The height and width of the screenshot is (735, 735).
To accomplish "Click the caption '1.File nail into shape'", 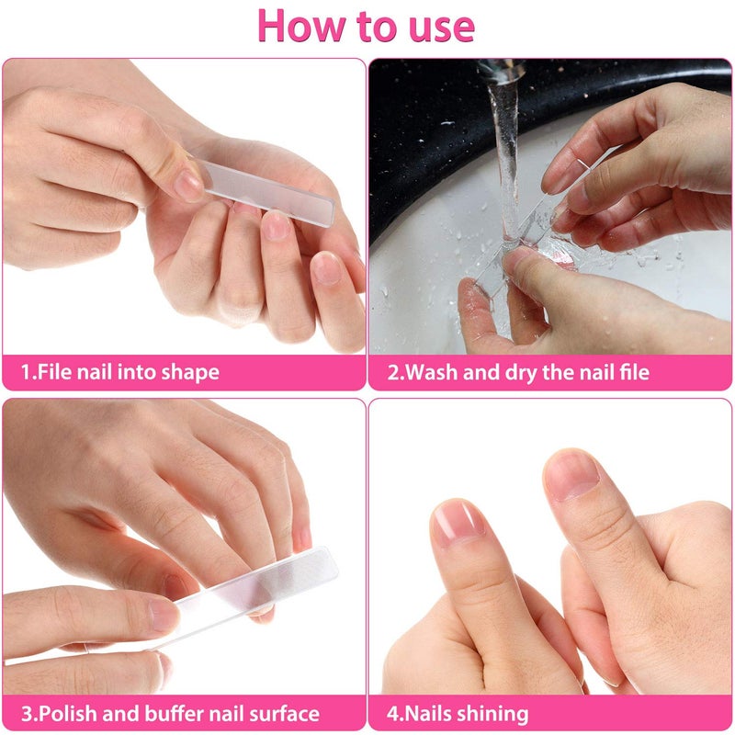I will pyautogui.click(x=120, y=373).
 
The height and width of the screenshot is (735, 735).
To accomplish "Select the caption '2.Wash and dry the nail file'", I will pyautogui.click(x=518, y=373).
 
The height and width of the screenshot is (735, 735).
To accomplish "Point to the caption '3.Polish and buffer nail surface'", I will pyautogui.click(x=170, y=713).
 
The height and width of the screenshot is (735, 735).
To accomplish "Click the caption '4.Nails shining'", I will pyautogui.click(x=458, y=713).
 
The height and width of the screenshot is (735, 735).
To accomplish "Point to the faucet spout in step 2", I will pyautogui.click(x=501, y=69).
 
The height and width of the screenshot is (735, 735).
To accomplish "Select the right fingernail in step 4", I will pyautogui.click(x=571, y=475).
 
